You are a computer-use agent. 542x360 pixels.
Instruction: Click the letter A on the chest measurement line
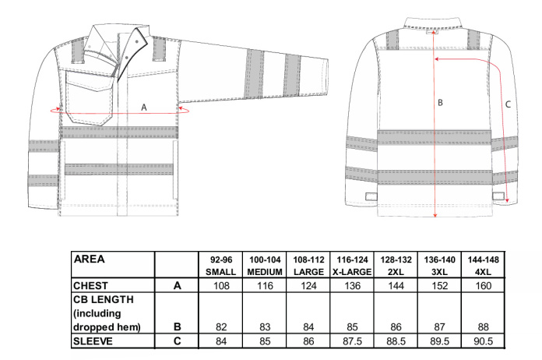pos(144,108)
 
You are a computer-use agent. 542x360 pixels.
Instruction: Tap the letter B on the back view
pos(440,102)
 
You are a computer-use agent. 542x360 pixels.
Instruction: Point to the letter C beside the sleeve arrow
pos(508,104)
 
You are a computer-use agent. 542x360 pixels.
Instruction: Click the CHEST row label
pos(90,286)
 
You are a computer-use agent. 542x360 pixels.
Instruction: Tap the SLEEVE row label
pos(93,341)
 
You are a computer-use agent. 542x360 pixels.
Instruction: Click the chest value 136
pos(352,286)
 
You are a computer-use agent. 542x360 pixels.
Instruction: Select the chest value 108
pos(221,286)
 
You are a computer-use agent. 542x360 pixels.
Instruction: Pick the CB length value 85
pos(352,326)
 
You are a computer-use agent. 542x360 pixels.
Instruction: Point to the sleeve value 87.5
pos(352,341)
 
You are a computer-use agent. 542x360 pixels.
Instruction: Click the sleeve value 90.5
pos(484,341)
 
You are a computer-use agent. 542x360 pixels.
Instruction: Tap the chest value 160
pos(484,286)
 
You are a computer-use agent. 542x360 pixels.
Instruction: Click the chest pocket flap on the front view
pos(90,81)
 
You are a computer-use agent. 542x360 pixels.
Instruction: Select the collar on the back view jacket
pos(433,23)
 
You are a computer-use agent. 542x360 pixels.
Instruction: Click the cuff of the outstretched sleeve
pos(323,77)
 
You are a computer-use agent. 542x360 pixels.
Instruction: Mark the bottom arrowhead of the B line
pos(435,215)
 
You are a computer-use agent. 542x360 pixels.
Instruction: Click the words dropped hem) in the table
pos(107,327)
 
